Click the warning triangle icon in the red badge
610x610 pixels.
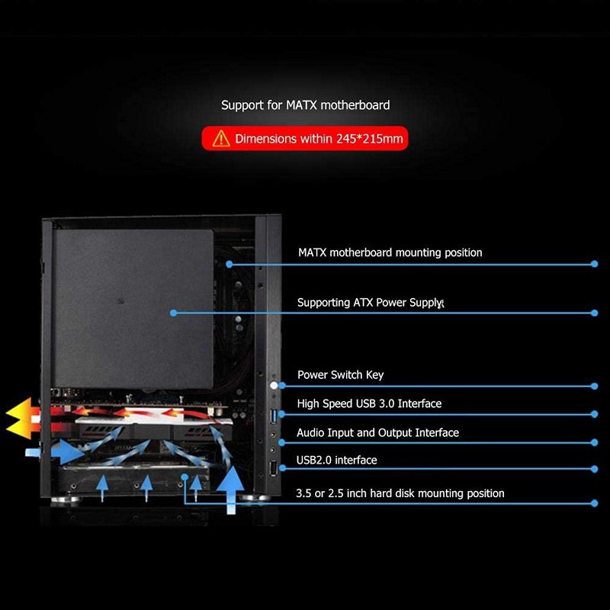pos(221,139)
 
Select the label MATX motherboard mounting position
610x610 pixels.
pos(389,252)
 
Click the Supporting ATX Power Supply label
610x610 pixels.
pos(369,303)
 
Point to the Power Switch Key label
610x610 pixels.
pos(340,374)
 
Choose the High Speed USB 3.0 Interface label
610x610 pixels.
pos(369,403)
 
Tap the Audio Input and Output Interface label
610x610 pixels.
pos(377,432)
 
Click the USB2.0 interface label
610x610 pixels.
pos(336,460)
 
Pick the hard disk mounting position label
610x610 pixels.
pos(400,493)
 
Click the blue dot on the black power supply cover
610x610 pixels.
pos(174,313)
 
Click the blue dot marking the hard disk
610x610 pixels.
pos(185,477)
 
